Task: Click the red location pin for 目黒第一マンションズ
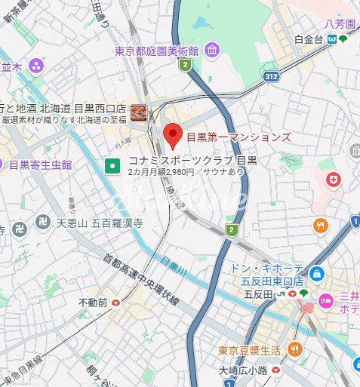click(174, 135)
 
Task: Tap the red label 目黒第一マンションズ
click(238, 137)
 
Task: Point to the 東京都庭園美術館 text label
click(156, 51)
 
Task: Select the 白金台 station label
click(309, 39)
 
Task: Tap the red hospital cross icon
click(333, 180)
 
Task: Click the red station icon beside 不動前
click(115, 302)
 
